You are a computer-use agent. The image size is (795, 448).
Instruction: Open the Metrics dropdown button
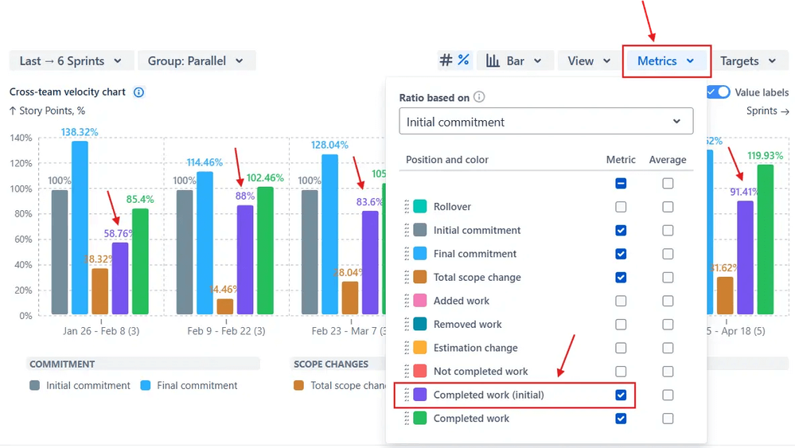[666, 61]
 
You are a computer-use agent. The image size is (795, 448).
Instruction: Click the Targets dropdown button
[748, 61]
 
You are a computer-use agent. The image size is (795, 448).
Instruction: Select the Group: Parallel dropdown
[197, 61]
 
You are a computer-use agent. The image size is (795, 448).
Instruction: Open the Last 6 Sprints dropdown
[71, 61]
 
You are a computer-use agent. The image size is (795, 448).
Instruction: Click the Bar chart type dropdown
[514, 61]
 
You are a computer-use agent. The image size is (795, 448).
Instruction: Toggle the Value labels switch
[719, 92]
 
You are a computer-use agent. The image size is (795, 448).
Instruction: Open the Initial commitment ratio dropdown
[545, 122]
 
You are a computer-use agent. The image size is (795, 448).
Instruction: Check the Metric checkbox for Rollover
[621, 207]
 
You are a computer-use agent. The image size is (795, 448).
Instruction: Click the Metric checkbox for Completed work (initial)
[621, 395]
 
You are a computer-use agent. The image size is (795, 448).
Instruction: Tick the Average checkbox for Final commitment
[668, 254]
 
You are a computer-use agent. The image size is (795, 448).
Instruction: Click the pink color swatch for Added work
[420, 301]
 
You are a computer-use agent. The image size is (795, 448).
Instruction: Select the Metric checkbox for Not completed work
[621, 372]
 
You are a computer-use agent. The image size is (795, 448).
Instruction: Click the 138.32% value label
[80, 132]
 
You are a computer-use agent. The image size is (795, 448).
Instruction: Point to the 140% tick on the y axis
[21, 138]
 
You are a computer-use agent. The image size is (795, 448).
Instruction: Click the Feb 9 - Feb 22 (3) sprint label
[226, 330]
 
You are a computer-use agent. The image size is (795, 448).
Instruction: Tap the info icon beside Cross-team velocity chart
[138, 92]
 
